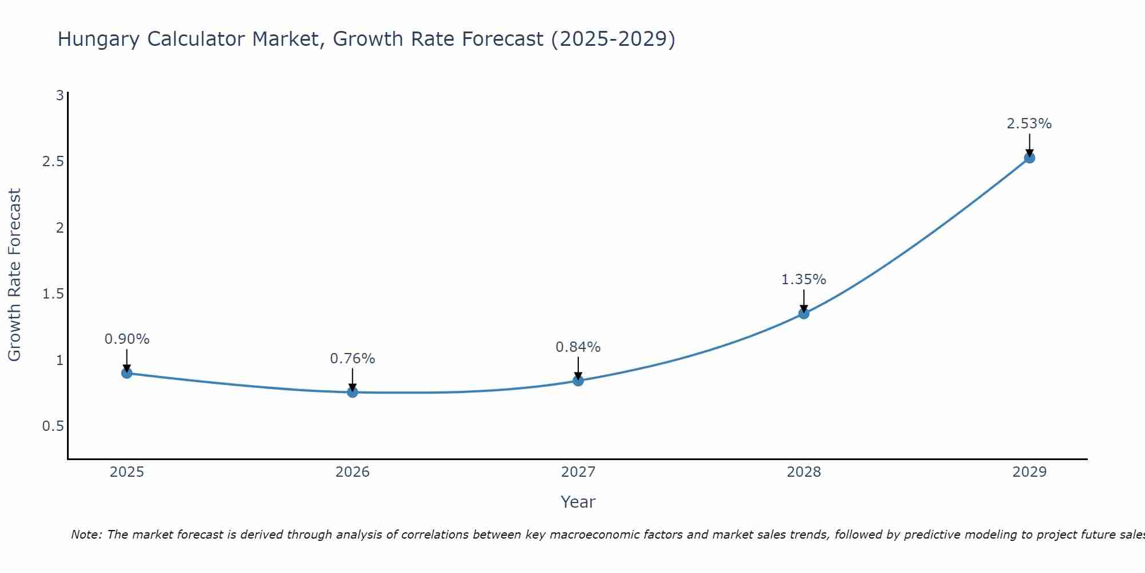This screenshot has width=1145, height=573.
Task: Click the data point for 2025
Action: click(x=127, y=373)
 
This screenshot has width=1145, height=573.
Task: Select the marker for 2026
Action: click(x=353, y=392)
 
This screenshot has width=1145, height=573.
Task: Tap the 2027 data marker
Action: click(x=578, y=380)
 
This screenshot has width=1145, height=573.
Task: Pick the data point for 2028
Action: click(x=804, y=313)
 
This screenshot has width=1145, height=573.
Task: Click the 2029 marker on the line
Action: click(x=1029, y=158)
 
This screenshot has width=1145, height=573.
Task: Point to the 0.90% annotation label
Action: click(x=127, y=339)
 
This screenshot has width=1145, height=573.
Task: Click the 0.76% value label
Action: click(x=353, y=359)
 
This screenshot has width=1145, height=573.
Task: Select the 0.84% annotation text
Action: click(x=578, y=347)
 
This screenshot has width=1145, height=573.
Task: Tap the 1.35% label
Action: click(x=804, y=280)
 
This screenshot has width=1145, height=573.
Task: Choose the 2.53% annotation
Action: click(x=1029, y=124)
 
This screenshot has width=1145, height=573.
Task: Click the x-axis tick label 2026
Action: click(x=353, y=472)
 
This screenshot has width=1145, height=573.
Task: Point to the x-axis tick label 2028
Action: click(x=804, y=472)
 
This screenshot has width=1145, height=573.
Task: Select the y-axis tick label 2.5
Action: click(x=53, y=162)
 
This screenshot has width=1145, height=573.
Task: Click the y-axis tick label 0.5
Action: click(x=53, y=426)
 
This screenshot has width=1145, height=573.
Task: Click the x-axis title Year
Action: click(x=578, y=502)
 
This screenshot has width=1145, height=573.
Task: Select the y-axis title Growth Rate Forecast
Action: click(x=14, y=275)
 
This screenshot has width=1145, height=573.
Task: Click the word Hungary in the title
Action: click(x=98, y=39)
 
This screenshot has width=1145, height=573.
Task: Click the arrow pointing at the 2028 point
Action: click(x=804, y=300)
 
